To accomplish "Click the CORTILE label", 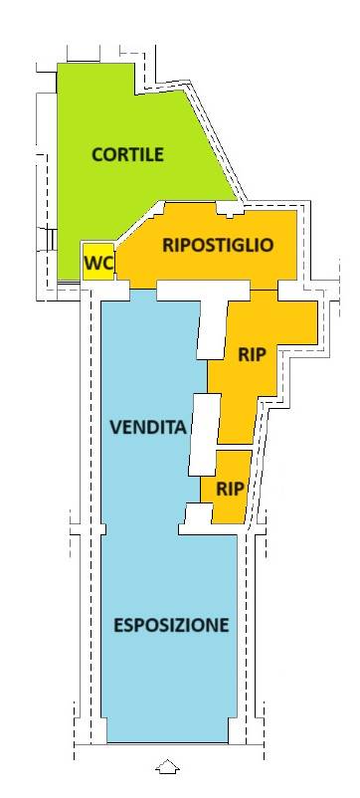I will point(127,154).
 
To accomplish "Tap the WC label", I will point(98,264).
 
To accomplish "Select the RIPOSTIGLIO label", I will point(218,244).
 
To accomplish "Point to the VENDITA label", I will point(148,428).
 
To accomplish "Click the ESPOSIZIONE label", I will point(171,625).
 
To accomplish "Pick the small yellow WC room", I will point(97,262).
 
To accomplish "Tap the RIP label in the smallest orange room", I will point(230,489).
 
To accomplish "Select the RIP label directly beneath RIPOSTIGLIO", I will point(253,355).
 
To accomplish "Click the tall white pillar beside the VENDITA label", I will point(204,433).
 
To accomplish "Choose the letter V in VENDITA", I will point(115,428).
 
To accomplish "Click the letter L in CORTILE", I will point(147,154).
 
